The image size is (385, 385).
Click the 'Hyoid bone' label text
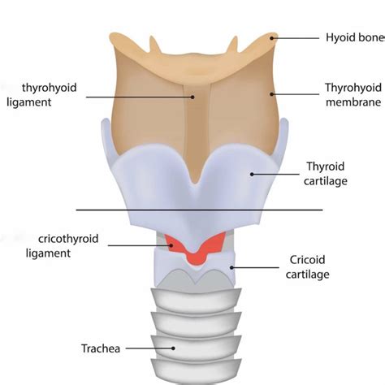[355, 37]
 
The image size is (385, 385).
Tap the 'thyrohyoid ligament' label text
[41, 95]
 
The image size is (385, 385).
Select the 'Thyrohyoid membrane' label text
[353, 95]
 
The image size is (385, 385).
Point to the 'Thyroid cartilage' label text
[326, 174]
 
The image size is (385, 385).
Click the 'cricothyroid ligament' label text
[62, 246]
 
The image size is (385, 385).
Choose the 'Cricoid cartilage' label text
[308, 267]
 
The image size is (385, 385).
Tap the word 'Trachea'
[101, 348]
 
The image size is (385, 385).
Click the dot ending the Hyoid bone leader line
[272, 38]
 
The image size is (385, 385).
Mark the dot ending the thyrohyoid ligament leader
[192, 97]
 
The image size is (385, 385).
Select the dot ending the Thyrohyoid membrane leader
[271, 94]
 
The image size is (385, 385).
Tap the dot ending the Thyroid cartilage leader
[252, 174]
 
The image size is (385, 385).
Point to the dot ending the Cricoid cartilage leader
[231, 268]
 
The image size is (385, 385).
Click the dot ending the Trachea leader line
[173, 348]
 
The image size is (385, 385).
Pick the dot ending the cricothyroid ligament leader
[171, 245]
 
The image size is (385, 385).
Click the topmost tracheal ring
[196, 300]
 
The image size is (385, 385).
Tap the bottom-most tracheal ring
[196, 370]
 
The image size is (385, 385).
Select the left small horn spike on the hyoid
[154, 45]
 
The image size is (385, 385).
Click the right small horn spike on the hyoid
[233, 45]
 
